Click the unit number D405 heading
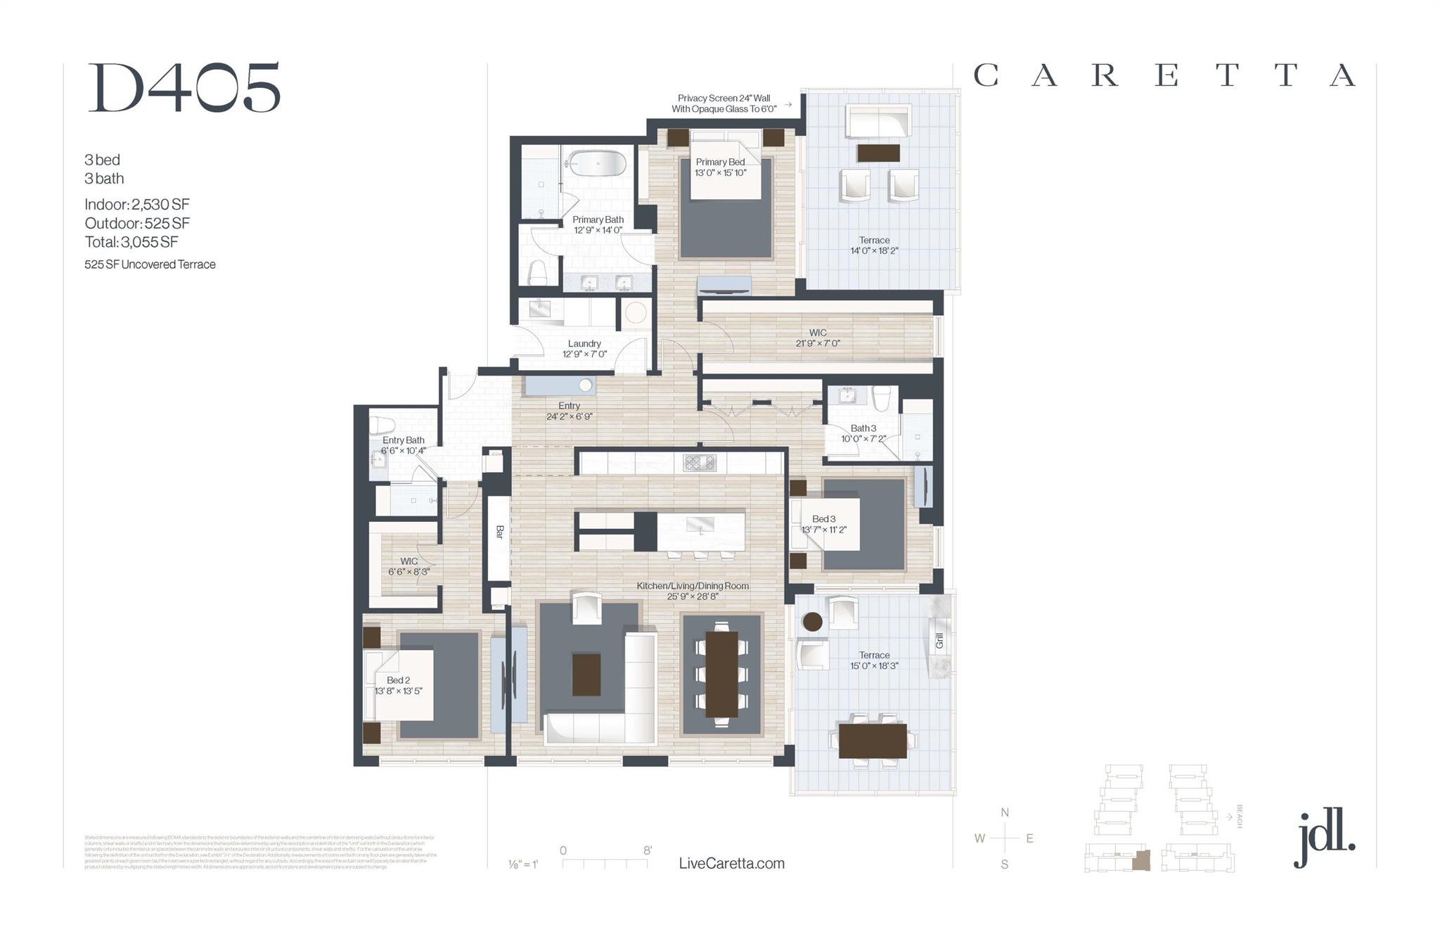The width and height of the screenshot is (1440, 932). pos(184,89)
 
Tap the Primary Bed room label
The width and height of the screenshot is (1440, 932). pos(720,162)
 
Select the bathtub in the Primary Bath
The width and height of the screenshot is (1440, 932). pos(597,163)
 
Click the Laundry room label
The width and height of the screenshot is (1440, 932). pos(584,344)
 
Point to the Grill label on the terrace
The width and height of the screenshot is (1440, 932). pos(939,641)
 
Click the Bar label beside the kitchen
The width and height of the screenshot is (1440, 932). pos(500,532)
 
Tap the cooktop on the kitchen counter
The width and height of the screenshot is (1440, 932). pos(700,463)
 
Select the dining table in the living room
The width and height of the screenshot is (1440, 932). pos(721,673)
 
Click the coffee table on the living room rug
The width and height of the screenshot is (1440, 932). pos(586,674)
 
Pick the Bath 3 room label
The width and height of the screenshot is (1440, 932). pos(863,428)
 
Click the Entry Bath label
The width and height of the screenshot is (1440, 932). pos(403,440)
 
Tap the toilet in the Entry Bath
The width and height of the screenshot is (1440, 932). pos(382,426)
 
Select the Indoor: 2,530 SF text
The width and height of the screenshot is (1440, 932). pos(137,205)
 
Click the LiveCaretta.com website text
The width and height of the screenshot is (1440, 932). pos(731,864)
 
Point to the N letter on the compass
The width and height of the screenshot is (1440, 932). pos(1005,812)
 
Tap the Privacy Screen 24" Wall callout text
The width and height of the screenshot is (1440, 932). pos(724,98)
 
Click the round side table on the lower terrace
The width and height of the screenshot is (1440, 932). pos(812,622)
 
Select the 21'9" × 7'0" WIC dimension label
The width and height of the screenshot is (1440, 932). pos(817,344)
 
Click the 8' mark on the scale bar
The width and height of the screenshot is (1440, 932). pos(647,850)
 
